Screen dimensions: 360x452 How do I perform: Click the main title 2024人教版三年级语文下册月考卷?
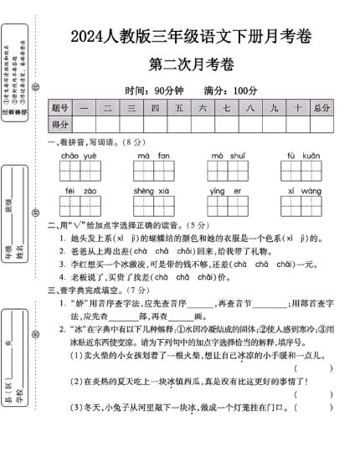[x=191, y=38]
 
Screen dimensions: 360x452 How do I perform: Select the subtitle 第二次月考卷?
[x=192, y=64]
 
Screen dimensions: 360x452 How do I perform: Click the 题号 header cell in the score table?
[x=59, y=108]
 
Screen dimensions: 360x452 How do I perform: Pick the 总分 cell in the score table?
[x=321, y=108]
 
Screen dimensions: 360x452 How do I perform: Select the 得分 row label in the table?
[x=59, y=125]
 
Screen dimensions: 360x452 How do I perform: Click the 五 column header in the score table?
[x=178, y=108]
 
